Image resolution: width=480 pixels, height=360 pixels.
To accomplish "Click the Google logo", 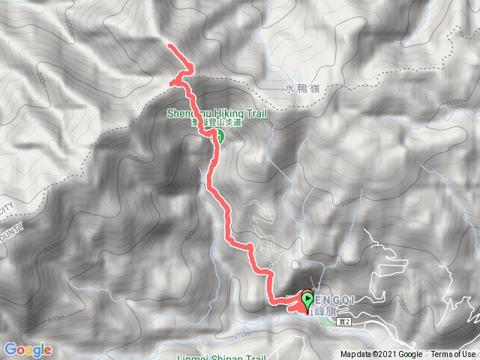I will coord(28,349).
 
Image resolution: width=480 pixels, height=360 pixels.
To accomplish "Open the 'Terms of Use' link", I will coord(452,355).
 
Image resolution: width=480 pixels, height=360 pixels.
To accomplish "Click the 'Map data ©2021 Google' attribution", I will coord(381,355).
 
